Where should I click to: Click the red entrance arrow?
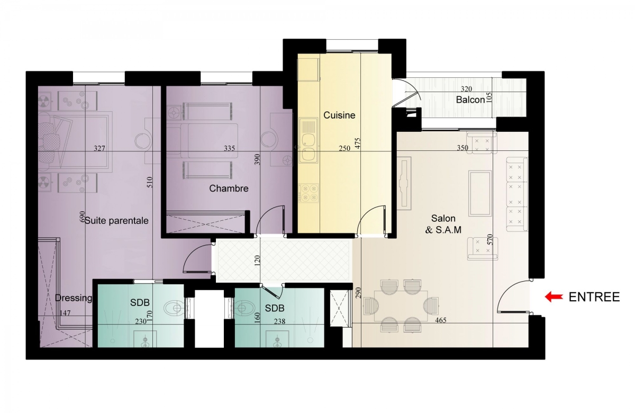[x=554, y=297]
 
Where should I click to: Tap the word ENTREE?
[x=594, y=297]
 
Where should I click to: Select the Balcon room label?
[x=470, y=100]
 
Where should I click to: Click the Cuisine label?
[x=339, y=115]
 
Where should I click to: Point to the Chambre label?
[x=229, y=188]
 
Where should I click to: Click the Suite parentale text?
[x=116, y=221]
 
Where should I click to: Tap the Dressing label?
[x=74, y=298]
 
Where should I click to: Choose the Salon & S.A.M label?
[x=443, y=224]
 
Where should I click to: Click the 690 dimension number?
[x=82, y=217]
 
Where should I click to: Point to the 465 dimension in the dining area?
[x=440, y=320]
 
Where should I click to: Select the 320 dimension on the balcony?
[x=466, y=89]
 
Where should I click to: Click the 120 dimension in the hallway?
[x=257, y=260]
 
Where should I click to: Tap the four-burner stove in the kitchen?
[x=309, y=193]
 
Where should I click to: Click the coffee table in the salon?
[x=480, y=193]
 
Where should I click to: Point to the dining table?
[x=401, y=306]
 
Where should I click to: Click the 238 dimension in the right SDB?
[x=279, y=321]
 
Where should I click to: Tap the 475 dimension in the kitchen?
[x=358, y=143]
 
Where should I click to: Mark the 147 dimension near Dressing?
[x=65, y=313]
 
